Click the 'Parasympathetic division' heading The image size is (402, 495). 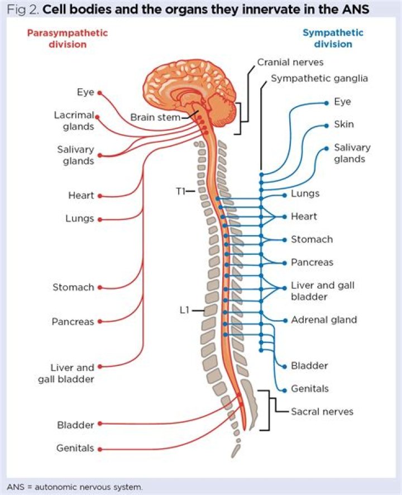point(68,38)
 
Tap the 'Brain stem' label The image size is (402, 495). point(155,117)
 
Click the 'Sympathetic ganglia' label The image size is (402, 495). point(319,78)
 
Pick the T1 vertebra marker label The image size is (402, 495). point(180,191)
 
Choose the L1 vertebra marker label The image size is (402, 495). point(185,310)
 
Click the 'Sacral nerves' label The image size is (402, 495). point(322,412)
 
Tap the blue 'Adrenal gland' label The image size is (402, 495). point(323,320)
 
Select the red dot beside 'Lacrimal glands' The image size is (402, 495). point(98,117)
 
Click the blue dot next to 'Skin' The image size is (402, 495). point(326,125)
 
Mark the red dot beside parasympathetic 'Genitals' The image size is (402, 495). point(100,448)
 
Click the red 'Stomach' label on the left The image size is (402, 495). point(73,288)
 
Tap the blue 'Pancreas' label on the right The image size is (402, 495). point(312,262)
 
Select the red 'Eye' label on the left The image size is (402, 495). point(85,92)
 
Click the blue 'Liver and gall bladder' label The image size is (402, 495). point(322,291)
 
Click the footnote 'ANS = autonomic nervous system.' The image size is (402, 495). point(75,487)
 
